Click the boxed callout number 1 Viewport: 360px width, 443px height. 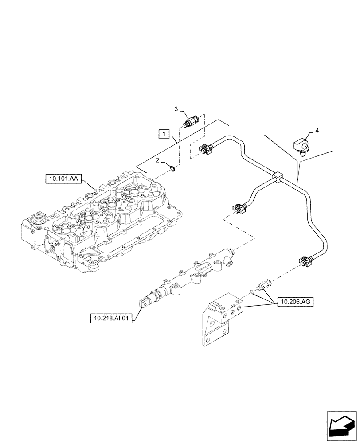pyautogui.click(x=164, y=133)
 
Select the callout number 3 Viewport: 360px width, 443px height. pyautogui.click(x=176, y=109)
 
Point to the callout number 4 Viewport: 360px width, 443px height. pyautogui.click(x=317, y=131)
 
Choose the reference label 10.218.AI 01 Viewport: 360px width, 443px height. pyautogui.click(x=111, y=318)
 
